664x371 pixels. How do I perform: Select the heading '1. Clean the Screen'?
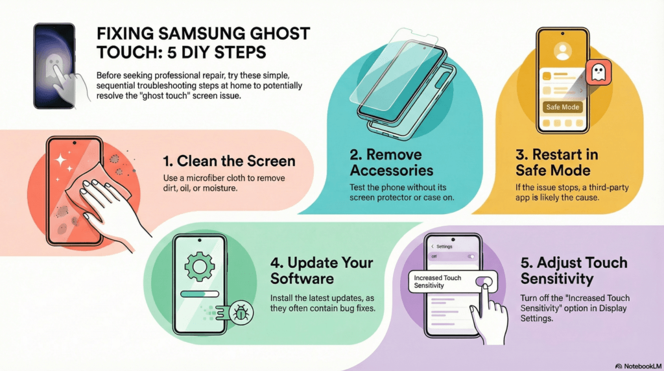[x=229, y=161]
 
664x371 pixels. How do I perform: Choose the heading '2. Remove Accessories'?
[x=391, y=162]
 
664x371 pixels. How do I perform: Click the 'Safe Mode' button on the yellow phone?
[x=562, y=107]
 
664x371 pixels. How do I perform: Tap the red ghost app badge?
[x=598, y=72]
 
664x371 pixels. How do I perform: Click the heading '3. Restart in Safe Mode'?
[x=556, y=162]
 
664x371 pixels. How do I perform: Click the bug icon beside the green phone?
[x=241, y=313]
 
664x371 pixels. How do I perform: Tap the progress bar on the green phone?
[x=200, y=294]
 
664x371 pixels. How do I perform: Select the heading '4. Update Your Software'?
[x=322, y=270]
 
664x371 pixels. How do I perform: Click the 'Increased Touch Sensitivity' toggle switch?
[x=484, y=281]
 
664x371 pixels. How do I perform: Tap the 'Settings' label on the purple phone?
[x=444, y=246]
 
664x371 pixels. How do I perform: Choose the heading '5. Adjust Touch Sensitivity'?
[x=574, y=270]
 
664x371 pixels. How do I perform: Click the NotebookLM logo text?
[x=642, y=366]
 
